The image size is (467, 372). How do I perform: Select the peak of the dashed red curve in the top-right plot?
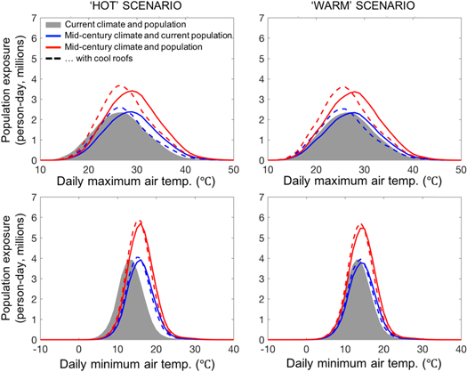click(x=345, y=86)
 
